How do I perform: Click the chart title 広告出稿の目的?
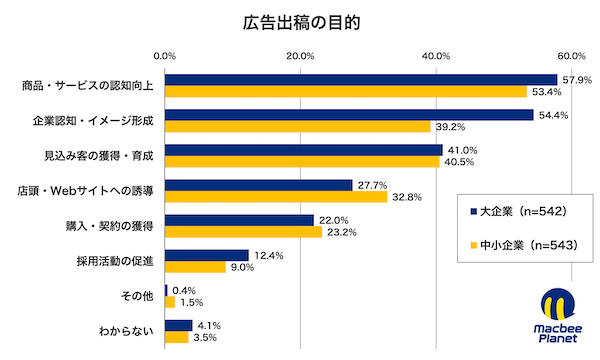click(299, 20)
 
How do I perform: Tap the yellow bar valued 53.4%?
click(346, 92)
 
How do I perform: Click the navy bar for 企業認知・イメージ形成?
click(349, 115)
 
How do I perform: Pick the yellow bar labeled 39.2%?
click(298, 127)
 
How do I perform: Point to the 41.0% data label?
click(461, 150)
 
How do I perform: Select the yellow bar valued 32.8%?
click(276, 197)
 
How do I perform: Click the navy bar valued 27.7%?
click(259, 185)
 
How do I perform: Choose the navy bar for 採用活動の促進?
click(207, 255)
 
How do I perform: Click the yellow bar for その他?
click(170, 302)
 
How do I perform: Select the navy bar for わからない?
click(179, 325)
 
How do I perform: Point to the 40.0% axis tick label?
click(436, 55)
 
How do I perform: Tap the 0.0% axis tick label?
click(165, 55)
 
